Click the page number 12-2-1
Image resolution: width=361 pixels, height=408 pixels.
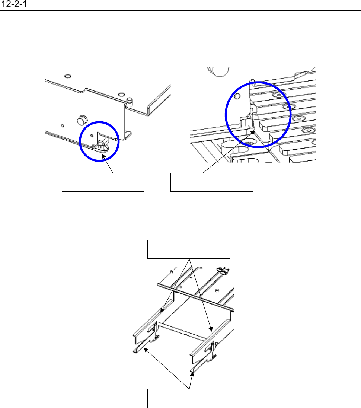15,5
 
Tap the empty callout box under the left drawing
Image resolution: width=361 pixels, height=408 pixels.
103,182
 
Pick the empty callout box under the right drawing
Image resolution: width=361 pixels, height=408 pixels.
212,182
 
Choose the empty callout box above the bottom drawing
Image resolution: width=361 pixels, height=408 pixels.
189,249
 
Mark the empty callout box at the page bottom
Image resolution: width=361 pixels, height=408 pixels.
189,398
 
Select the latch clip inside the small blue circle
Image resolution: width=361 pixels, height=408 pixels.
102,144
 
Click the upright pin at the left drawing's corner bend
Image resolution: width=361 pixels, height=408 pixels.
130,101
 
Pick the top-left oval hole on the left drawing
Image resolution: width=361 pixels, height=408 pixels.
67,76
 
